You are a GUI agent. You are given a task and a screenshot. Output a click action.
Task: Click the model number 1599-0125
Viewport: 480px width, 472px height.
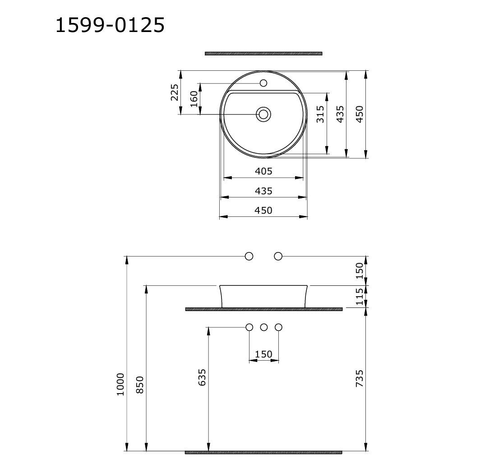[x=110, y=25]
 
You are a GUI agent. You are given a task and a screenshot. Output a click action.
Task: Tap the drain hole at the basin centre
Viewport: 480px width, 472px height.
[x=263, y=115]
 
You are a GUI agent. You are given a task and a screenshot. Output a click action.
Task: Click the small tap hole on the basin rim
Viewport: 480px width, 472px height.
[x=263, y=83]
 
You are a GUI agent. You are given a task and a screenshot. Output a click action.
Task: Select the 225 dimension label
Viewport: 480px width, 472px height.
[x=174, y=92]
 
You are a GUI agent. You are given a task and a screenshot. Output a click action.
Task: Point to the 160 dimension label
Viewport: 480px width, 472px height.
[x=194, y=99]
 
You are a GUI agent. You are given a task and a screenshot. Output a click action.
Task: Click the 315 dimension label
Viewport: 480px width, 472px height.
[x=320, y=114]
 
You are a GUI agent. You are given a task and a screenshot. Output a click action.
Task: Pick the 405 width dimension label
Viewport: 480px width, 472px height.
[x=263, y=171]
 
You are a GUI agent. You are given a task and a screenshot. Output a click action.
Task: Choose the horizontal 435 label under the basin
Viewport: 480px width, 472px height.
[x=263, y=191]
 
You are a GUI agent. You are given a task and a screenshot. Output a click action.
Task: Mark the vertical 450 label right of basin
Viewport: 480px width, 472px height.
[x=360, y=114]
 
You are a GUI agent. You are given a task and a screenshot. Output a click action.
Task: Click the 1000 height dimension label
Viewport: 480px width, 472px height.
[x=120, y=384]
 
